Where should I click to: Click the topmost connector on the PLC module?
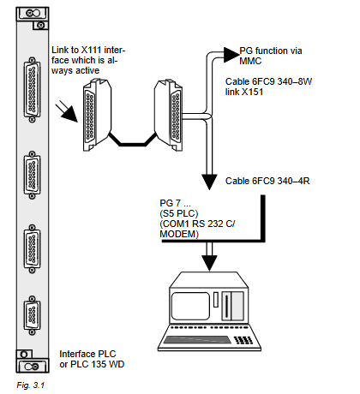coord(32,90)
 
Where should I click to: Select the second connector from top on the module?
coord(32,175)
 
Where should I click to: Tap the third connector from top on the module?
coord(32,248)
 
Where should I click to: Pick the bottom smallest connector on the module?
coord(32,315)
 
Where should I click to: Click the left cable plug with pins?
coord(97,115)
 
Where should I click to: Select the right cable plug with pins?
coord(169,115)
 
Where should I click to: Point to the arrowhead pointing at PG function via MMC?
coord(231,55)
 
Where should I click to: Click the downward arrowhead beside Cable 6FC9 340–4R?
coord(209,182)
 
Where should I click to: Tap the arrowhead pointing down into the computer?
coord(209,263)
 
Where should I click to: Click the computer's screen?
coord(190,306)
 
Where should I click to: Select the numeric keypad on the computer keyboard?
coord(243,340)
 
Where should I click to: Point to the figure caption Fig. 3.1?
coord(31,385)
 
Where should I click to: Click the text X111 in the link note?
coord(91,50)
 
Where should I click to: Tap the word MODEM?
coord(178,234)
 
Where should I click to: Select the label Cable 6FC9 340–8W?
coord(268,81)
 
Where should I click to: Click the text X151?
coord(252,92)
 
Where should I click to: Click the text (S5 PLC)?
coord(179,213)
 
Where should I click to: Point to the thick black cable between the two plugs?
coord(132,144)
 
